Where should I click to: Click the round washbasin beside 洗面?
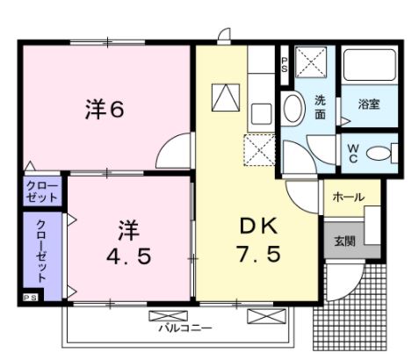pyautogui.click(x=293, y=109)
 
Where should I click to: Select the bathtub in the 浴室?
pyautogui.click(x=369, y=66)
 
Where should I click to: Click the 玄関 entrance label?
pyautogui.click(x=344, y=241)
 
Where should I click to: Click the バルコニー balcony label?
pyautogui.click(x=185, y=328)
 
